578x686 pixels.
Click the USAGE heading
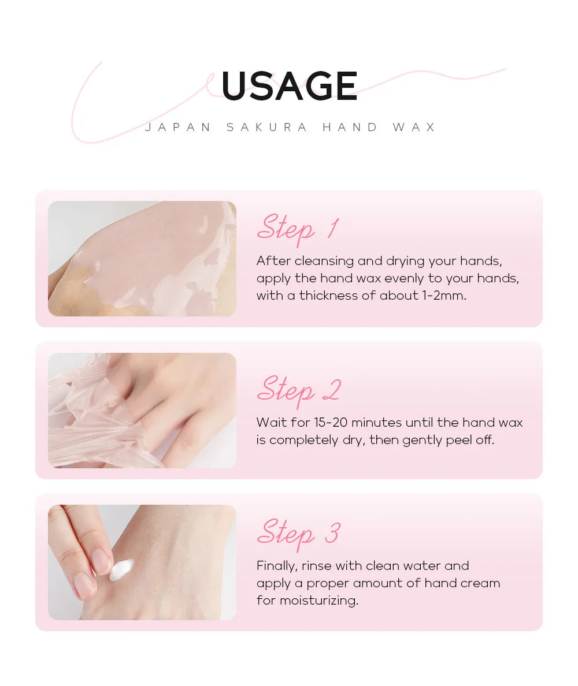pyautogui.click(x=289, y=87)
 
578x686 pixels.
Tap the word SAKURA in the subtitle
pyautogui.click(x=267, y=127)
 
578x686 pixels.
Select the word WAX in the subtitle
pyautogui.click(x=414, y=127)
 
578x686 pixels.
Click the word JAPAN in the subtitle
pyautogui.click(x=179, y=127)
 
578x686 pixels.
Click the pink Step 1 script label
pyautogui.click(x=297, y=228)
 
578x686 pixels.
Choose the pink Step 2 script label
pyautogui.click(x=298, y=390)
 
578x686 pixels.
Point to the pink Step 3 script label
pyautogui.click(x=298, y=533)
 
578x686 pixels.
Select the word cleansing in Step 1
pyautogui.click(x=324, y=261)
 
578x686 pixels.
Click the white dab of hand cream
pyautogui.click(x=122, y=571)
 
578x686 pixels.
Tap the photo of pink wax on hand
pyautogui.click(x=142, y=259)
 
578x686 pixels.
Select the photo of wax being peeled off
pyautogui.click(x=142, y=411)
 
